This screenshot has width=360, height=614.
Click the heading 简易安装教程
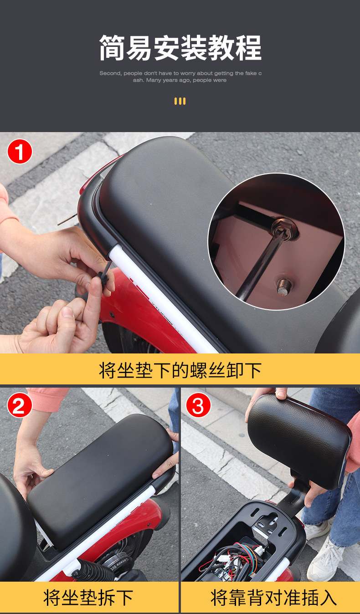[180, 47]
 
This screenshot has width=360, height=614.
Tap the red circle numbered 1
[20, 152]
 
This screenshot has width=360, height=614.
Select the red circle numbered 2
[20, 405]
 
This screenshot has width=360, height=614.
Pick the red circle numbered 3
[198, 405]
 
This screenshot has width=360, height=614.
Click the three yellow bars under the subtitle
[180, 101]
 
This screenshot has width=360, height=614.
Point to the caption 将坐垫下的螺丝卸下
[180, 370]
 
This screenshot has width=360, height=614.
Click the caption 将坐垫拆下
[88, 598]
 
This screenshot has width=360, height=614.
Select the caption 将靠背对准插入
[273, 598]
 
